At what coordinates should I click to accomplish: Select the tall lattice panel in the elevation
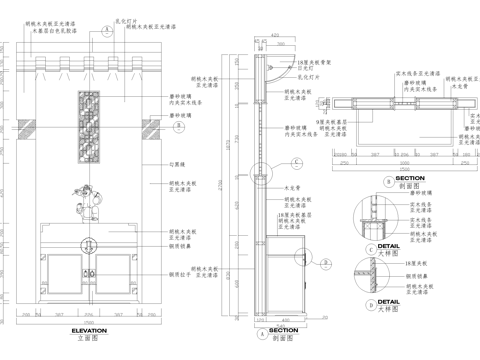pyautogui.click(x=90, y=126)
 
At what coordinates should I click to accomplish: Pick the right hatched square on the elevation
pyautogui.click(x=153, y=126)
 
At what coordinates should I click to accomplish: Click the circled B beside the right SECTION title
pyautogui.click(x=388, y=181)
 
